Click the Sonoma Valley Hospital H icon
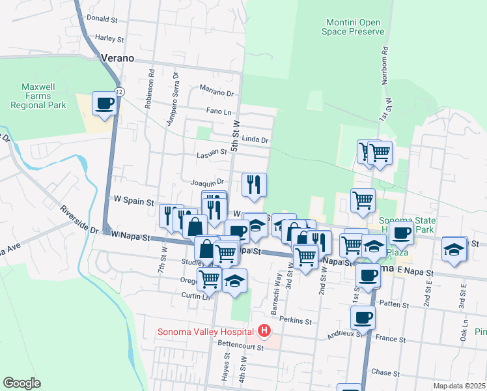pyautogui.click(x=264, y=332)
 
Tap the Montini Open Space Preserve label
pyautogui.click(x=354, y=27)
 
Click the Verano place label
pyautogui.click(x=117, y=58)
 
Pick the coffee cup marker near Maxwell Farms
pyautogui.click(x=105, y=103)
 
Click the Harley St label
pyautogui.click(x=109, y=38)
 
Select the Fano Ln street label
pyautogui.click(x=219, y=111)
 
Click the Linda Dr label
pyautogui.click(x=255, y=139)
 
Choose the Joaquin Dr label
pyautogui.click(x=208, y=182)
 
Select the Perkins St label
pyautogui.click(x=296, y=320)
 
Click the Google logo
pyautogui.click(x=21, y=383)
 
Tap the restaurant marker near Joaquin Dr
pyautogui.click(x=254, y=185)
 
